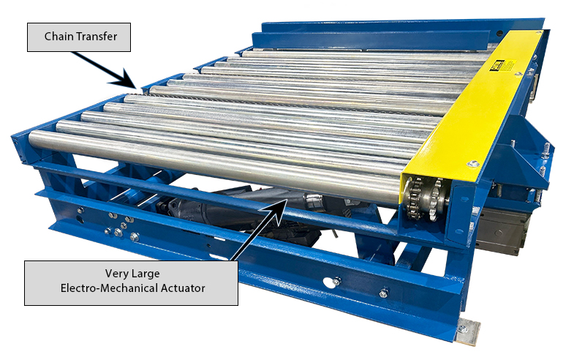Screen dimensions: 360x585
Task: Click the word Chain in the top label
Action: click(59, 37)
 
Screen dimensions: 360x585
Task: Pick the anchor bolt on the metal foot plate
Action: click(462, 329)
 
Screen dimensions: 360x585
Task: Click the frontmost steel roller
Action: click(212, 165)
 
